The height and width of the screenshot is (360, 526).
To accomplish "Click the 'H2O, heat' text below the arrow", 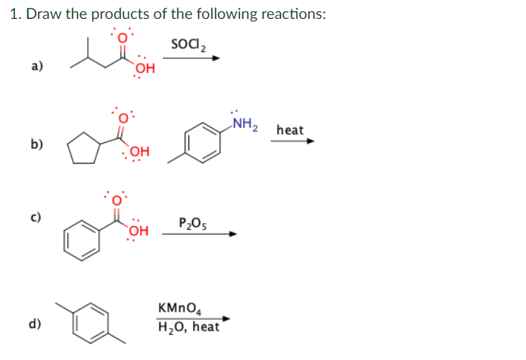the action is point(188,327).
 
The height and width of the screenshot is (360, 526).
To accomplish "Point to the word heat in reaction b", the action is point(291,130).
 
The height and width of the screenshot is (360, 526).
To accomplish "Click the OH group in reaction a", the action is point(145,70).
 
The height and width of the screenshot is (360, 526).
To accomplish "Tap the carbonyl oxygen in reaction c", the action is point(118,200).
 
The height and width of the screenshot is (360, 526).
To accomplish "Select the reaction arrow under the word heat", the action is point(291,141).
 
